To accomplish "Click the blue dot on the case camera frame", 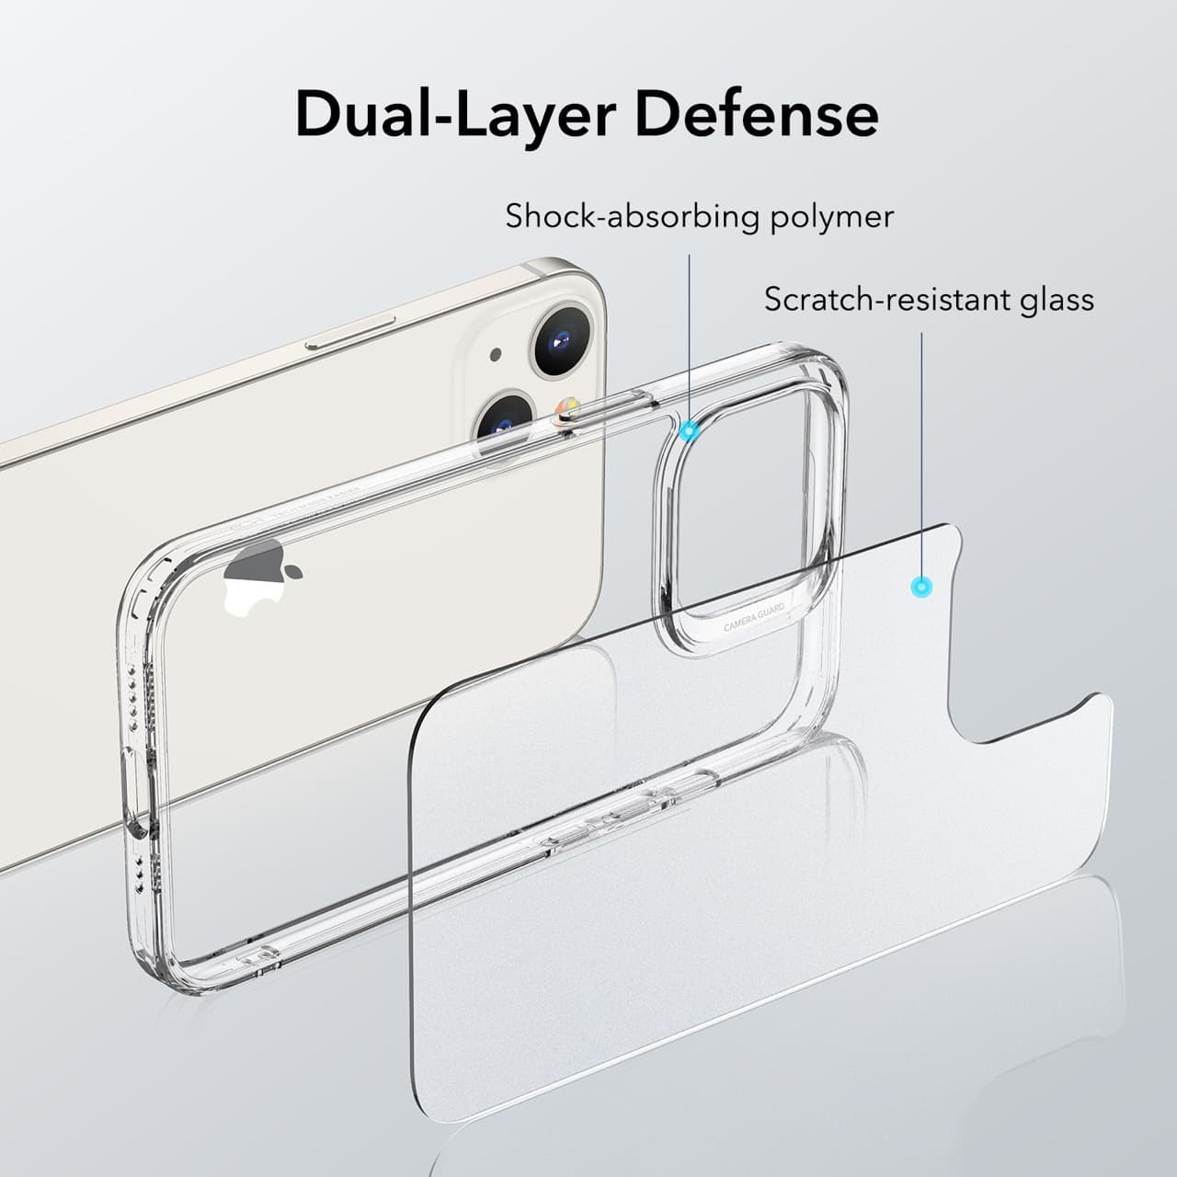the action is [x=691, y=431].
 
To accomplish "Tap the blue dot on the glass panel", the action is [x=921, y=588].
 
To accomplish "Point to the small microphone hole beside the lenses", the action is [x=496, y=354].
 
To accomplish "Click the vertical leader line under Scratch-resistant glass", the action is [x=921, y=455].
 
